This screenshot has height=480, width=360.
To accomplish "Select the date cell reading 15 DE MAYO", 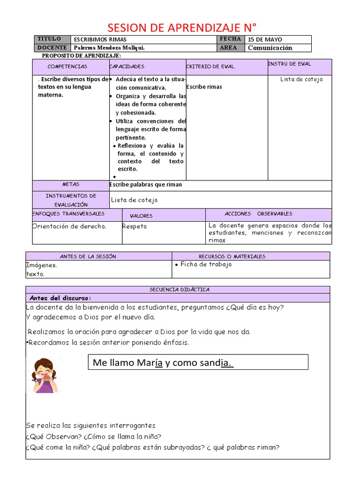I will pyautogui.click(x=265, y=40).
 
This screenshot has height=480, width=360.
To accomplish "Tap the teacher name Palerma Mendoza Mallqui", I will pyautogui.click(x=109, y=48).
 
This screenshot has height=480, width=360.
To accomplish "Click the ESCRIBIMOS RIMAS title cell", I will pyautogui.click(x=100, y=40).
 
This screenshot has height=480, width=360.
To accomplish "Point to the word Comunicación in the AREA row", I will pyautogui.click(x=270, y=48).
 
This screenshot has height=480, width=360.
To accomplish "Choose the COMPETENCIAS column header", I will pyautogui.click(x=67, y=67).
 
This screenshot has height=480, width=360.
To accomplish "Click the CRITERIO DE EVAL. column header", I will pyautogui.click(x=210, y=67).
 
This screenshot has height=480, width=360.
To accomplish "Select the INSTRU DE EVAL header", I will pyautogui.click(x=289, y=64).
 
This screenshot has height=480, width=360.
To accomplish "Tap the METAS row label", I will pyautogui.click(x=71, y=185).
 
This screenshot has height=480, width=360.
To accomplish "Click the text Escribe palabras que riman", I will pyautogui.click(x=146, y=185).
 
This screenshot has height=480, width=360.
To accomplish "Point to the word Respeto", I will pyautogui.click(x=135, y=226).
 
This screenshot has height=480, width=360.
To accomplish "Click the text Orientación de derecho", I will pyautogui.click(x=69, y=226).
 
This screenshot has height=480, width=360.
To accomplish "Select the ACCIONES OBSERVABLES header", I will pyautogui.click(x=258, y=214).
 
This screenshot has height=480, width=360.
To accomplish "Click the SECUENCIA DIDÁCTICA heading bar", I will pyautogui.click(x=180, y=290).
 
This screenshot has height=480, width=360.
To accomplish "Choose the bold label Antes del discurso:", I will pyautogui.click(x=60, y=298).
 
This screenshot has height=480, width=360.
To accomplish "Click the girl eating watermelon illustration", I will pyautogui.click(x=45, y=375).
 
